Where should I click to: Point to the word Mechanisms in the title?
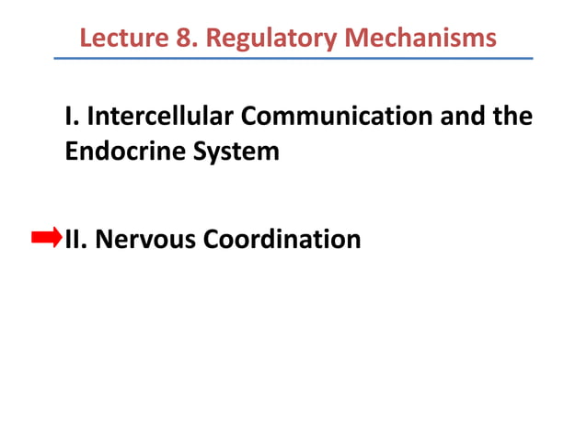point(418,39)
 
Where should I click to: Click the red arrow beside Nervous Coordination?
point(46,239)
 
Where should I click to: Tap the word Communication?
point(353,118)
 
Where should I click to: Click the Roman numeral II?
point(75,240)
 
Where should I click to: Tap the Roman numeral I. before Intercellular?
point(72,118)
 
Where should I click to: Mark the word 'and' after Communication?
point(477,118)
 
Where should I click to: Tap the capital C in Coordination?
point(213,240)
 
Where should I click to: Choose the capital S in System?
point(196,151)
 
